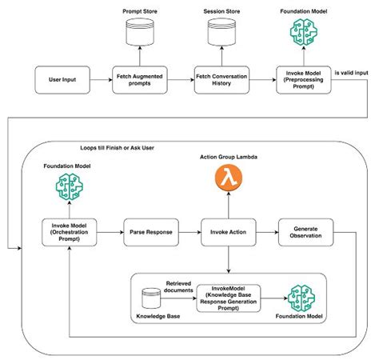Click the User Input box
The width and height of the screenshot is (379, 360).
pos(62,79)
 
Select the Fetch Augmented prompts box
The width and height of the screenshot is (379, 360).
pos(141,79)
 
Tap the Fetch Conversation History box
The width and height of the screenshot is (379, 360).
pos(221,79)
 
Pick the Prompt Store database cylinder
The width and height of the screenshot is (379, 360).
pos(141,33)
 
